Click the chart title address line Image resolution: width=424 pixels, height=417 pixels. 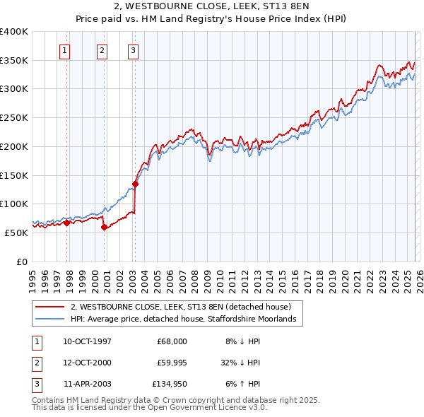212,6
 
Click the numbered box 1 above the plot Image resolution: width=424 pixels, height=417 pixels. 65,50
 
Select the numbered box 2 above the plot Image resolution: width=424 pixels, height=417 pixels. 102,50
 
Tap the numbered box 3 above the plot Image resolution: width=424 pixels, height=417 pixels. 133,50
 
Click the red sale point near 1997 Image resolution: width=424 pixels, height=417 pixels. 67,223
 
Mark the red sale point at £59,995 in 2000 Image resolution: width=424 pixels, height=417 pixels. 104,227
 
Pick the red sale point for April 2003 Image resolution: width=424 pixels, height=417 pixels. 135,184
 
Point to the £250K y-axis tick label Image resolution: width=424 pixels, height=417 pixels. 14,118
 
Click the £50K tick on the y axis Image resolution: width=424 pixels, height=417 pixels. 17,233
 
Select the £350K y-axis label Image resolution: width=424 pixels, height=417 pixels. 14,61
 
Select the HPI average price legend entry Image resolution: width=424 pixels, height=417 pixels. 187,320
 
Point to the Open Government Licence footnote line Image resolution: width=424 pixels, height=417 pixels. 149,408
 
